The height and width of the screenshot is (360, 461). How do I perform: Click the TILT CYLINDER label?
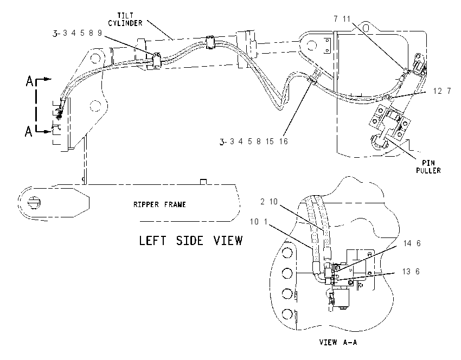(125, 19)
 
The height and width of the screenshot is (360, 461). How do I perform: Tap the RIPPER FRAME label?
(159, 204)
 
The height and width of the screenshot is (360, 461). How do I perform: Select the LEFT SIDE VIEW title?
(190, 240)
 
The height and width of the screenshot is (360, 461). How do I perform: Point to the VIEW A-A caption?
(338, 342)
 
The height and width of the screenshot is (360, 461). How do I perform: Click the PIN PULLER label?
(428, 166)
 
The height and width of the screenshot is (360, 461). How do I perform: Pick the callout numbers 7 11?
(342, 19)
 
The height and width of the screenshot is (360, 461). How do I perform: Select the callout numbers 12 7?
(442, 91)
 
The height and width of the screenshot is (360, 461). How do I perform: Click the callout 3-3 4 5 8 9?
(78, 33)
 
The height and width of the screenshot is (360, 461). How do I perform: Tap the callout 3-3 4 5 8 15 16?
(253, 142)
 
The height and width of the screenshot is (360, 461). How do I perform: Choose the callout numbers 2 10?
(269, 201)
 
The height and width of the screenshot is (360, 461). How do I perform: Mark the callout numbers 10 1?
(259, 221)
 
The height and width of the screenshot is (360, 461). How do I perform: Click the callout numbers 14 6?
(412, 243)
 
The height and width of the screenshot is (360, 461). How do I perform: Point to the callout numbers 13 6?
(411, 271)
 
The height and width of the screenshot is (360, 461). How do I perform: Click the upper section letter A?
(30, 81)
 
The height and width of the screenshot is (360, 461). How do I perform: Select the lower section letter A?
(29, 131)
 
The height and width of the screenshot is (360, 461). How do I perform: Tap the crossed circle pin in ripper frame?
(34, 203)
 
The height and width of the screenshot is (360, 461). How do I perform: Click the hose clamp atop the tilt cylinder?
(210, 42)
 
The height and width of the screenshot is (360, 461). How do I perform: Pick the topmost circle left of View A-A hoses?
(287, 253)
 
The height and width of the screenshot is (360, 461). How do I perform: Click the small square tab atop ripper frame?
(203, 182)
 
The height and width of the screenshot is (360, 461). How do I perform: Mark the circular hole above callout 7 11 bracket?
(366, 28)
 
